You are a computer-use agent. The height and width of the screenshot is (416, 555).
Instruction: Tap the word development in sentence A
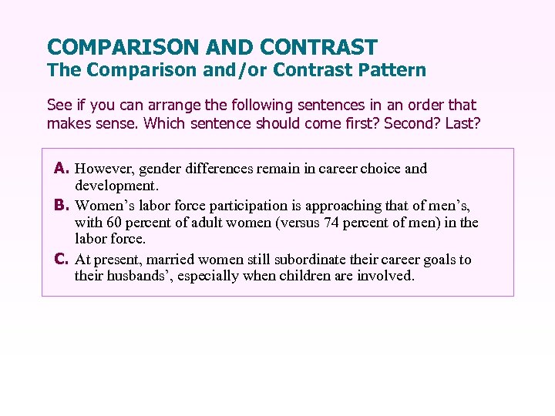pos(116,186)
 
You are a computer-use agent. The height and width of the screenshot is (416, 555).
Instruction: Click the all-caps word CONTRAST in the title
pos(318,47)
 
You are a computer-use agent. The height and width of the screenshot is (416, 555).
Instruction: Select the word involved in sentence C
pos(385,275)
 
